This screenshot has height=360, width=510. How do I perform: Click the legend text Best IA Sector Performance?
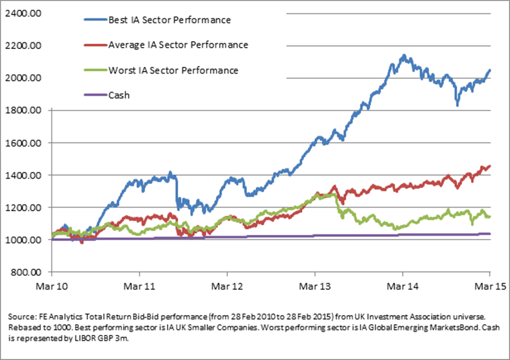coord(169,20)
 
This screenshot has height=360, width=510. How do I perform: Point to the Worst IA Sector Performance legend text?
coord(172,70)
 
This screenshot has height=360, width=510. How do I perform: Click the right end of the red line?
coord(489,167)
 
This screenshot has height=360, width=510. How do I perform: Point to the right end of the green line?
coord(489,216)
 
